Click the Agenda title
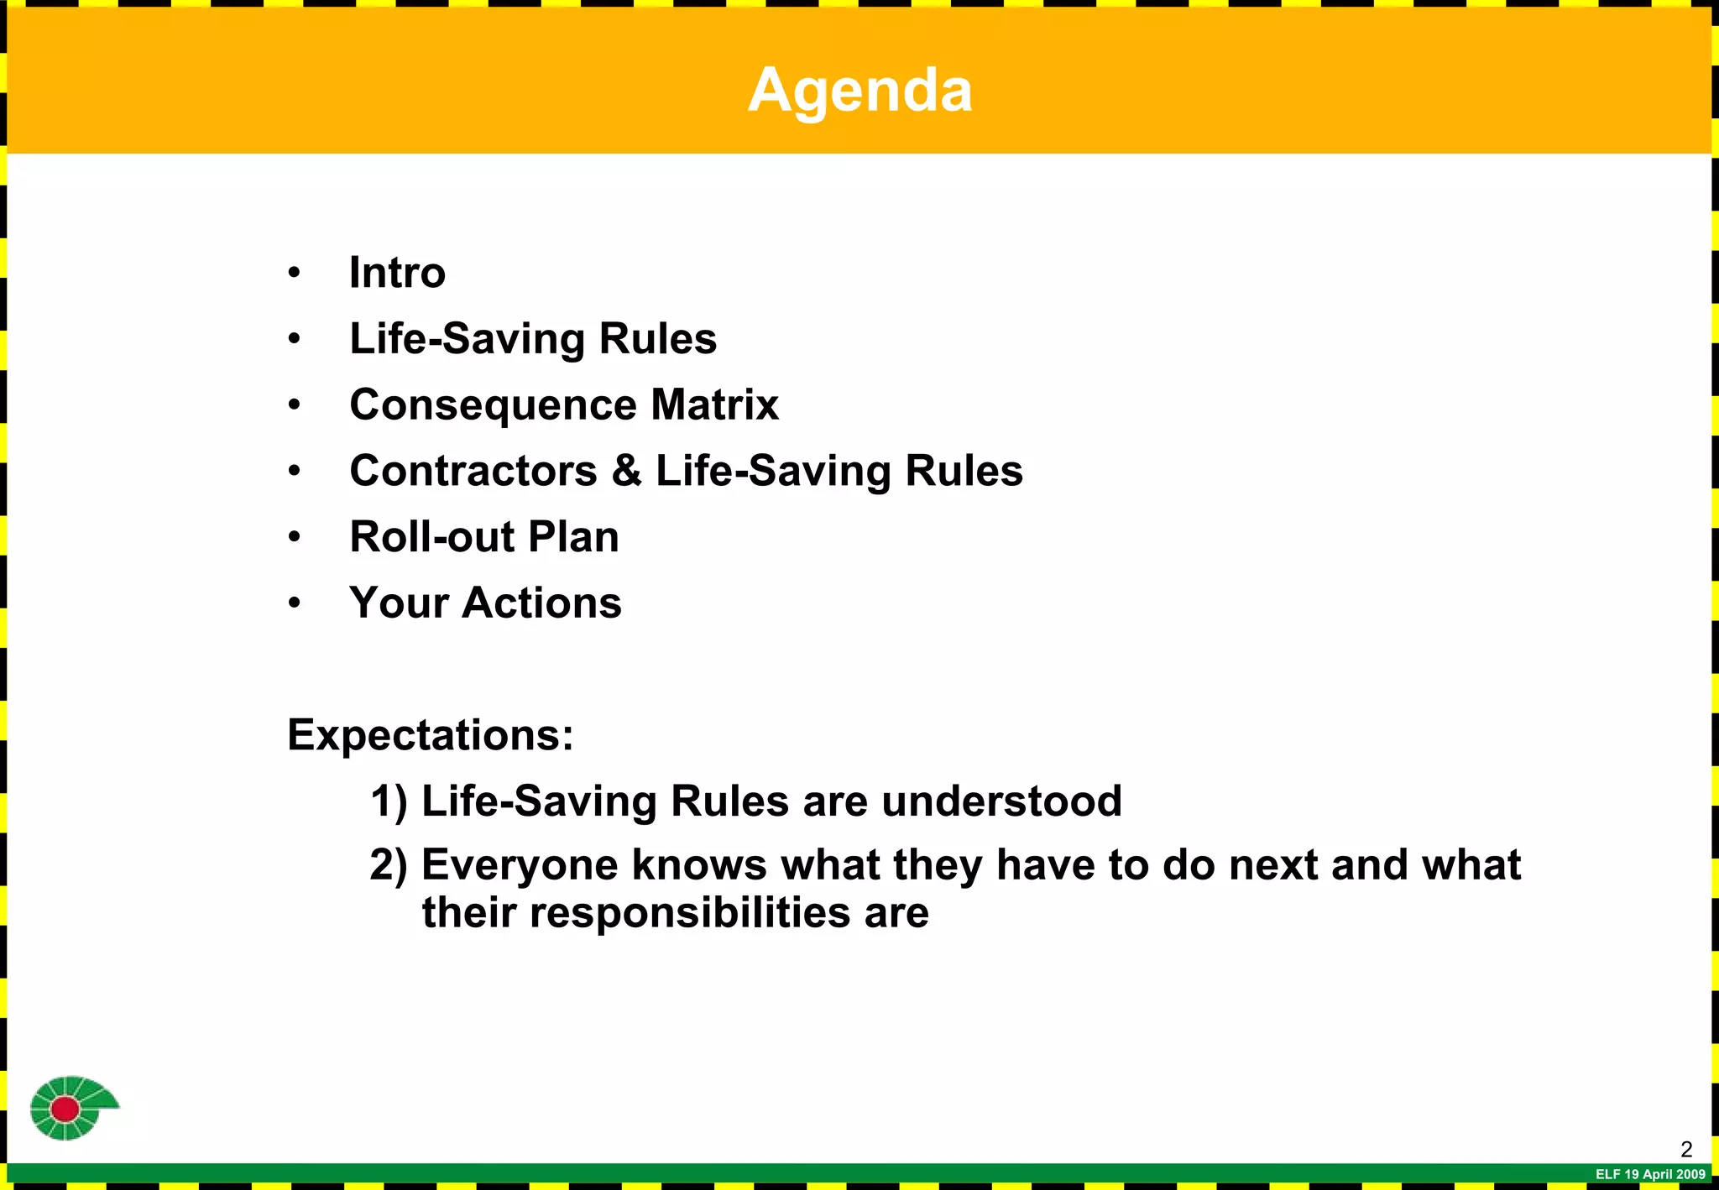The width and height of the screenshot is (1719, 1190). tap(859, 89)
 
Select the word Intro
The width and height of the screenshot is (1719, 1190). tap(397, 273)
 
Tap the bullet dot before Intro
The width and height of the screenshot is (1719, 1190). tap(294, 273)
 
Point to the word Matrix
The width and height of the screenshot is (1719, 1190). tap(714, 404)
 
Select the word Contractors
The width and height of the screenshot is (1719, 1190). tap(473, 471)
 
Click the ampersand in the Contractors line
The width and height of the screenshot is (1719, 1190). tap(626, 471)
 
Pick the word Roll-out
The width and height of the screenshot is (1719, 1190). tap(431, 537)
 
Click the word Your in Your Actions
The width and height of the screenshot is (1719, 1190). tap(399, 603)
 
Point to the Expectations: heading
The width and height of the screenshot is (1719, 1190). tap(431, 735)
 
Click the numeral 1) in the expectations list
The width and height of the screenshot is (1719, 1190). tap(389, 801)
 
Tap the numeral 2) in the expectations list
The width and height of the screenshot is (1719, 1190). tap(389, 865)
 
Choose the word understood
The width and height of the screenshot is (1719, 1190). tap(1001, 801)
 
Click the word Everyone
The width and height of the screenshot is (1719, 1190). tap(520, 866)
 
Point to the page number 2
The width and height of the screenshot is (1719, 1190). tap(1686, 1149)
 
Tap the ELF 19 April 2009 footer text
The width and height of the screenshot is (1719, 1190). tap(1650, 1174)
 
